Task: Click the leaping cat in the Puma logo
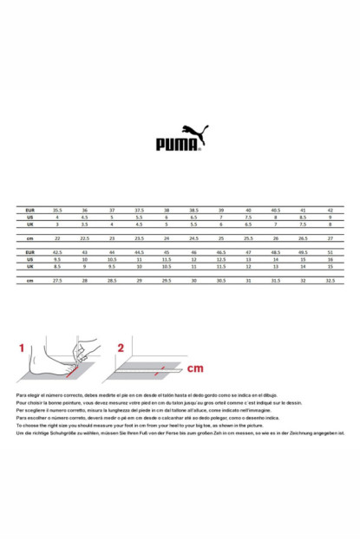tap(196, 133)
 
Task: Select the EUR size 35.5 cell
tap(57, 211)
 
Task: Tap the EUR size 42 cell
tap(331, 211)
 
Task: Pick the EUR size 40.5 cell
tap(276, 211)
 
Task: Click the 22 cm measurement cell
tap(57, 237)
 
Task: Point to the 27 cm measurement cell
tap(331, 237)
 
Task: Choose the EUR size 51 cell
tap(331, 252)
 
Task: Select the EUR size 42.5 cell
tap(57, 252)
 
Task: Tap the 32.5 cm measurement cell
tap(331, 280)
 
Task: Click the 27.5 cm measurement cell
tap(57, 280)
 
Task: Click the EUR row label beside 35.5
tap(29, 211)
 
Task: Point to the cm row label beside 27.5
tap(29, 280)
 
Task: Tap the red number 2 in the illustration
tap(121, 348)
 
